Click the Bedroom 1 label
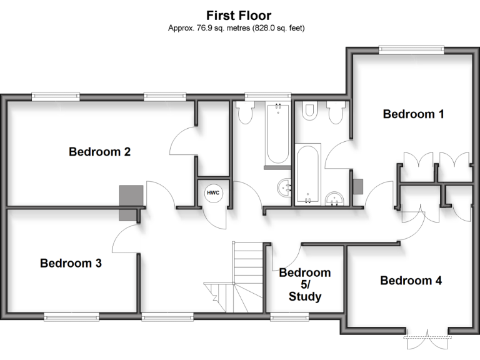[x=413, y=114]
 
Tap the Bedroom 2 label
[x=99, y=151]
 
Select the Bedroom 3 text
[x=71, y=263]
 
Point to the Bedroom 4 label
[x=411, y=281]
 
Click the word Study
[x=305, y=296]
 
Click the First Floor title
[x=239, y=15]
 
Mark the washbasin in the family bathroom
[x=286, y=186]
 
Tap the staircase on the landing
[x=245, y=275]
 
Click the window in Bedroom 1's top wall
[x=411, y=49]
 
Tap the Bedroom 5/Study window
[x=290, y=317]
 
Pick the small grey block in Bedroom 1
[x=357, y=186]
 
